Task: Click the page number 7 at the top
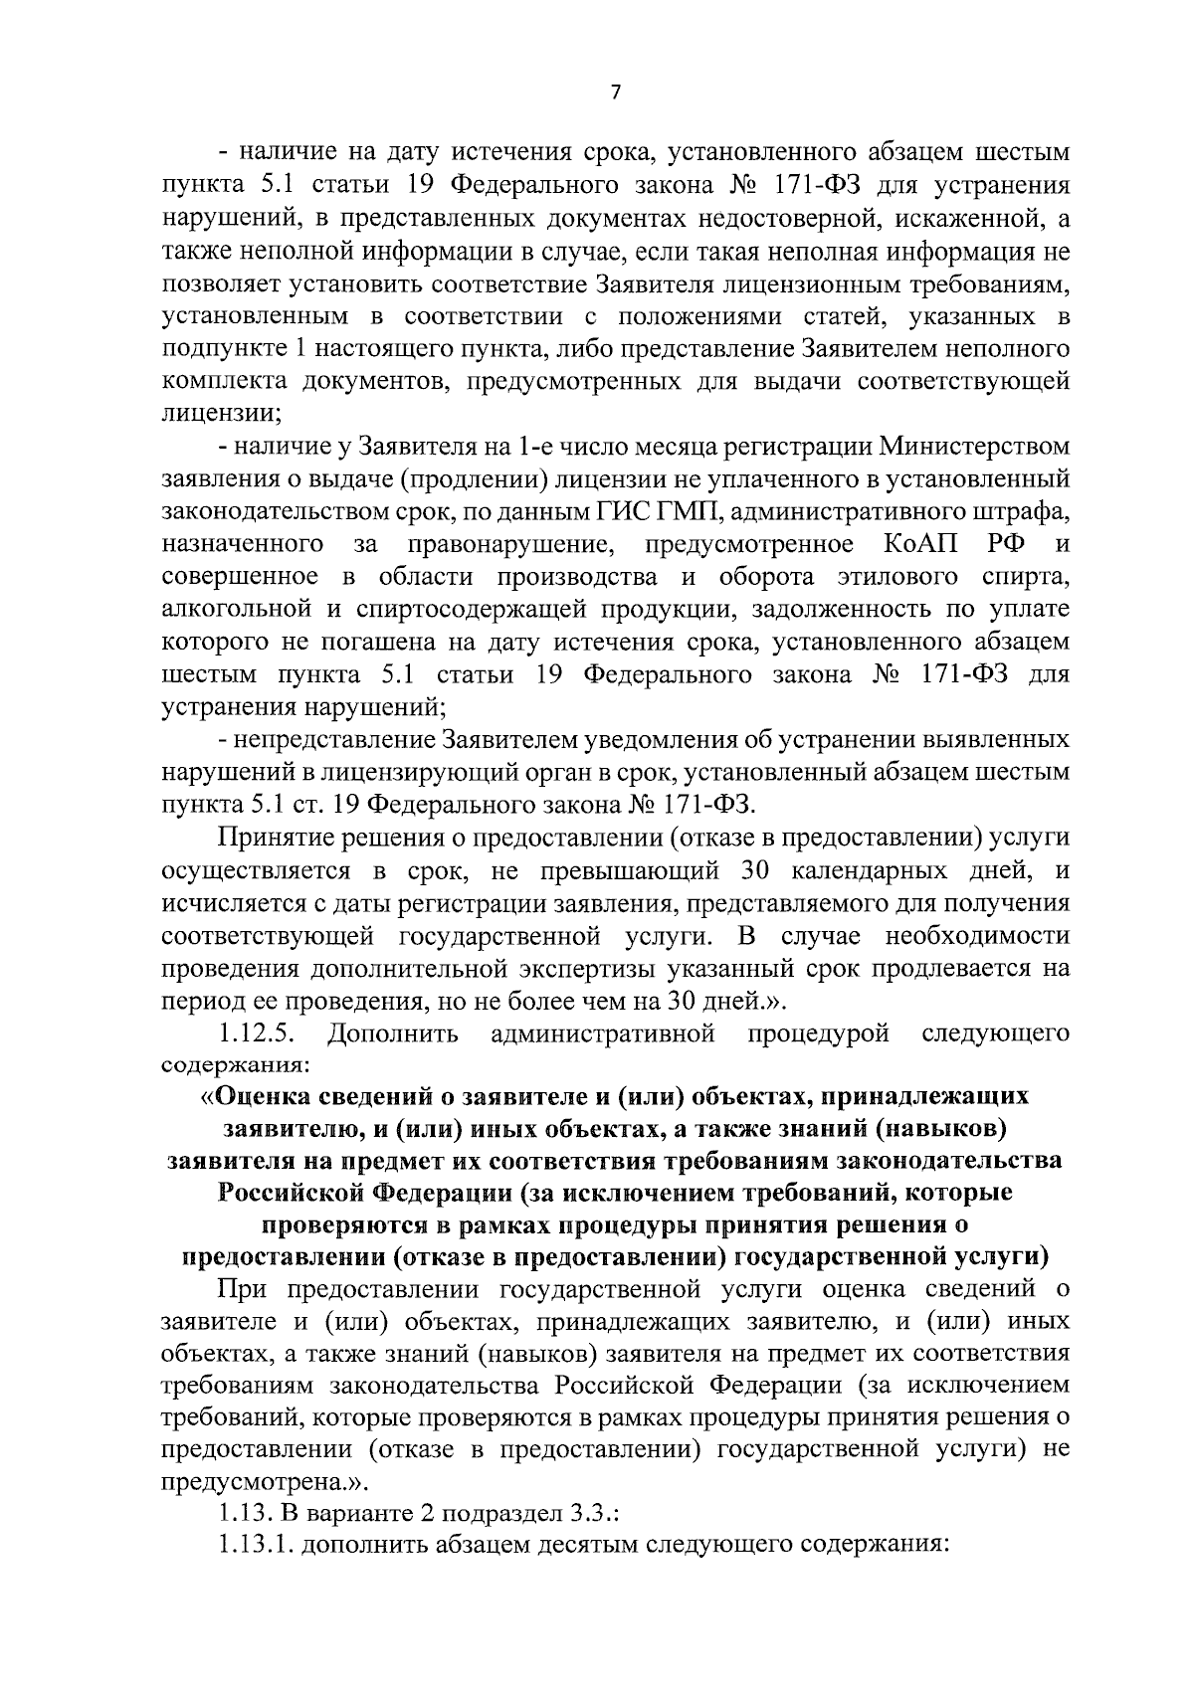(614, 93)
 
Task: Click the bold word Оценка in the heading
(265, 1096)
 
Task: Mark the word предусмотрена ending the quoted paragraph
(249, 1481)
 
